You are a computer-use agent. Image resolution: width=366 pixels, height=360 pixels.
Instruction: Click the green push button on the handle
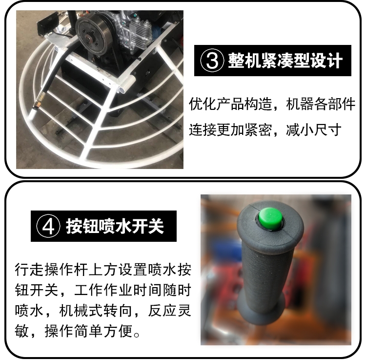(270, 218)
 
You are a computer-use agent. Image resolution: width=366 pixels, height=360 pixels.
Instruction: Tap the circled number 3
(212, 61)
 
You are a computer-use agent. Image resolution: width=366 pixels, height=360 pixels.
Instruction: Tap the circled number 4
(48, 226)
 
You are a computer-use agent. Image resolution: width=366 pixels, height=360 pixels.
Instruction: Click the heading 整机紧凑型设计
(285, 61)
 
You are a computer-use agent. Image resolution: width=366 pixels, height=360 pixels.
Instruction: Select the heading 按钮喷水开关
(115, 226)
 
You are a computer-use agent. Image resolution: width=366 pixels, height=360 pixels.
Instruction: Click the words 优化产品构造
(230, 104)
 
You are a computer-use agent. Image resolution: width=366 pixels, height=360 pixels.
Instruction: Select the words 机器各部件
(321, 104)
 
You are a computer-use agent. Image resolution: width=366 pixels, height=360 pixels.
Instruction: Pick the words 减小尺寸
(313, 129)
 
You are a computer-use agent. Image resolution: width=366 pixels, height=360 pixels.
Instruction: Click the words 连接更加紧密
(230, 129)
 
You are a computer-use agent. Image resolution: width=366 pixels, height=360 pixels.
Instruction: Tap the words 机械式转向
(96, 311)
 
